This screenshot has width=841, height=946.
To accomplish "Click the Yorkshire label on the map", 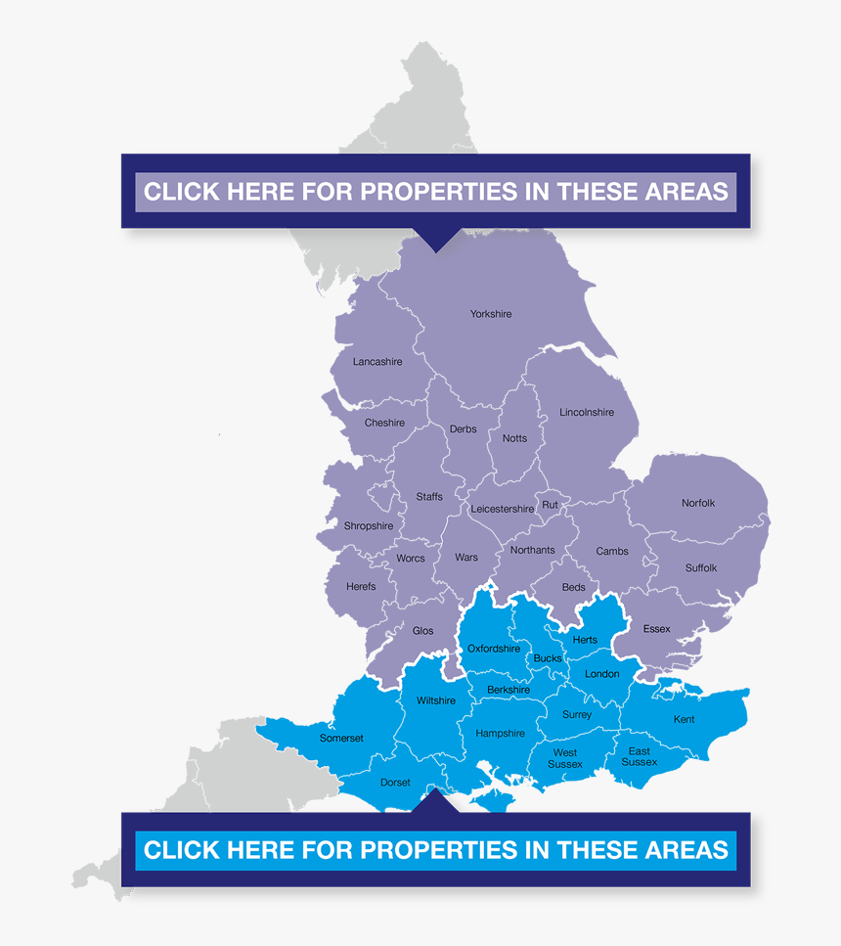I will pyautogui.click(x=490, y=314).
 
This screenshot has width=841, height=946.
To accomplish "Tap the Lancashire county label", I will pyautogui.click(x=376, y=362).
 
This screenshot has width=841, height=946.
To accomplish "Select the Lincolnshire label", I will pyautogui.click(x=587, y=413).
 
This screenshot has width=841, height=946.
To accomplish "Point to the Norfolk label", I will pyautogui.click(x=698, y=503).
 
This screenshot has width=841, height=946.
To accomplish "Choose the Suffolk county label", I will pyautogui.click(x=701, y=567).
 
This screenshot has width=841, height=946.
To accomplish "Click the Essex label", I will pyautogui.click(x=656, y=629).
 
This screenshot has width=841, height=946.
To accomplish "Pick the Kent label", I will pyautogui.click(x=684, y=720).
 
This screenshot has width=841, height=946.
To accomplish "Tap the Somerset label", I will pyautogui.click(x=341, y=738).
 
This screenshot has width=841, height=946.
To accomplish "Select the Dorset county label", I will pyautogui.click(x=395, y=783).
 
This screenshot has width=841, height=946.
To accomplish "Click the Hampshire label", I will pyautogui.click(x=500, y=734).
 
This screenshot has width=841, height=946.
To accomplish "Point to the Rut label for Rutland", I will pyautogui.click(x=550, y=505).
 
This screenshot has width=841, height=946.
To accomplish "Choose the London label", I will pyautogui.click(x=601, y=674).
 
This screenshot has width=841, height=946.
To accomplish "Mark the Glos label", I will pyautogui.click(x=422, y=631).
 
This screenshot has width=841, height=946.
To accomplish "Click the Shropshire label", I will pyautogui.click(x=368, y=526).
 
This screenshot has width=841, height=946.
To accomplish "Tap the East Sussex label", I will pyautogui.click(x=639, y=756).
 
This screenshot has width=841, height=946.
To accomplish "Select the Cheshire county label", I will pyautogui.click(x=384, y=423).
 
